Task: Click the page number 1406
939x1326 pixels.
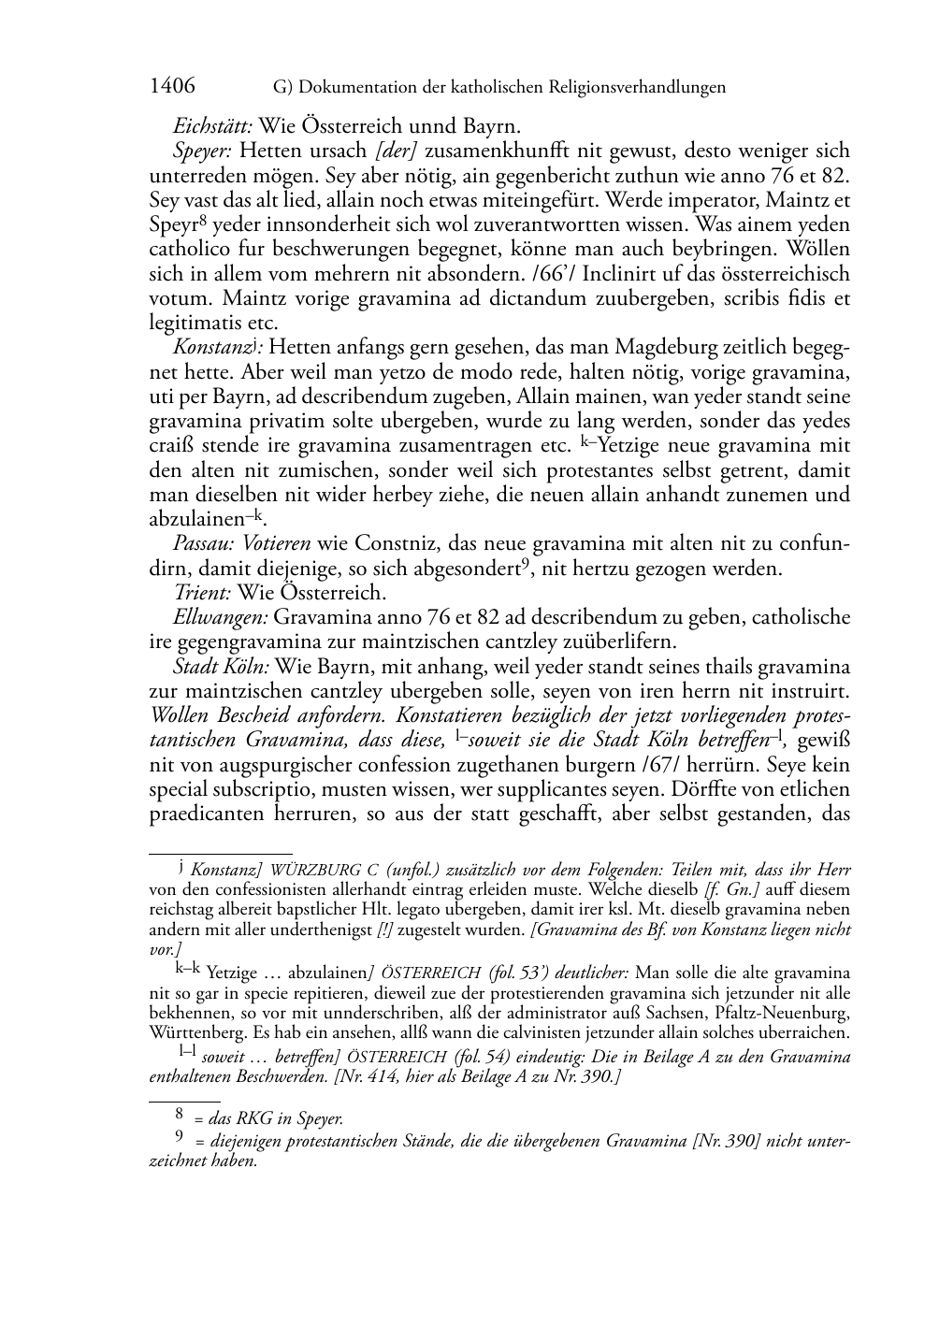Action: pyautogui.click(x=172, y=87)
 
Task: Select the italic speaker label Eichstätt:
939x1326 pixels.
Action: pyautogui.click(x=213, y=126)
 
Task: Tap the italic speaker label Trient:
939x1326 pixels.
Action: pyautogui.click(x=202, y=593)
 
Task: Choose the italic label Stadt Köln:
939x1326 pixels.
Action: pyautogui.click(x=222, y=668)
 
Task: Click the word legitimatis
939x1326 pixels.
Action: pyautogui.click(x=193, y=324)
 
